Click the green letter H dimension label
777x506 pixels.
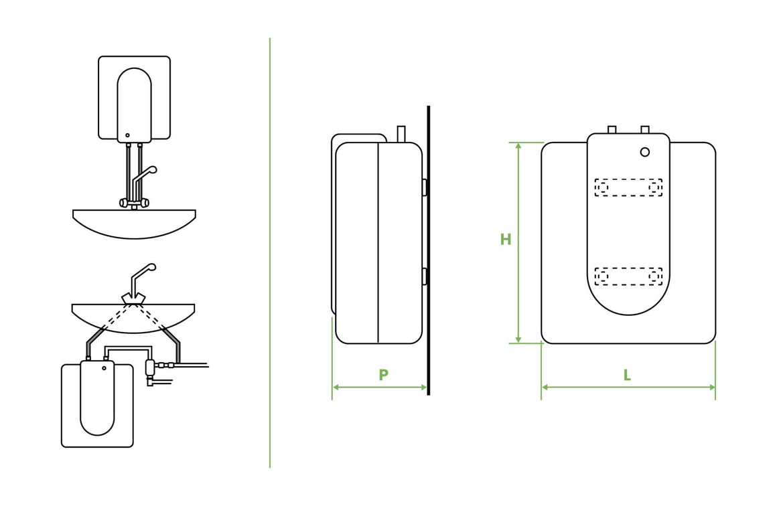point(506,240)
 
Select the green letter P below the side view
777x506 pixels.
point(383,375)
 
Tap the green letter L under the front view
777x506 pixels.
point(627,375)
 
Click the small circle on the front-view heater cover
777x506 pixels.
point(644,152)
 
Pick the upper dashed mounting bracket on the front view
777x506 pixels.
point(628,187)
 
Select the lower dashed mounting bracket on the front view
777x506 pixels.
point(628,276)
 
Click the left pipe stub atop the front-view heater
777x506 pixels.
point(612,129)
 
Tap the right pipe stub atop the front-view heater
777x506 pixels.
point(644,129)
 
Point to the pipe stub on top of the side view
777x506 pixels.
point(401,133)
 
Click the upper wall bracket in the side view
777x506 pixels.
point(425,187)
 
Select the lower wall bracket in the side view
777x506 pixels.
point(425,275)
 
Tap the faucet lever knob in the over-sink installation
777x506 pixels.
point(153,170)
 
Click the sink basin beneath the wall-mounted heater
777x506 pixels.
point(134,224)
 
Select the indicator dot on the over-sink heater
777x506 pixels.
point(127,135)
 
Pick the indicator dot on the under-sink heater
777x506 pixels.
point(104,368)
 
